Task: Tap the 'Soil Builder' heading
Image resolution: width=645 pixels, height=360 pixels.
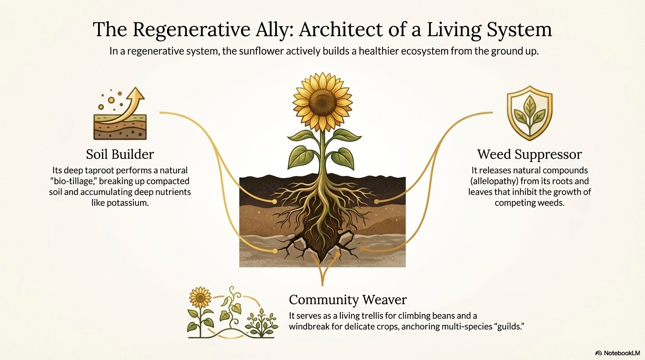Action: (120, 154)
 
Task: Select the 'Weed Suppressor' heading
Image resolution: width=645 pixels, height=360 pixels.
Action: (529, 154)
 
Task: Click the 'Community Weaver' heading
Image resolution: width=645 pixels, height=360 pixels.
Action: (348, 300)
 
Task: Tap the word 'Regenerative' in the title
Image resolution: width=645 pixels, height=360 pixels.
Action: (193, 30)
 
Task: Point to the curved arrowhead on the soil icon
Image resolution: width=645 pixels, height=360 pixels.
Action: (138, 95)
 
